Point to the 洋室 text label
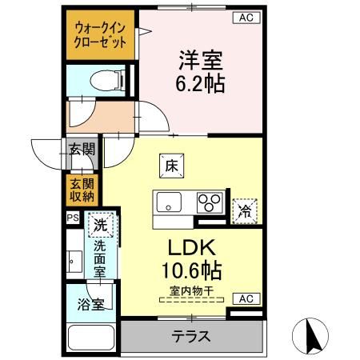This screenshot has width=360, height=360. (x=202, y=60)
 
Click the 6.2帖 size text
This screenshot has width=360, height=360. (x=202, y=83)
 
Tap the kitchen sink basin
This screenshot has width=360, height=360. (x=170, y=202)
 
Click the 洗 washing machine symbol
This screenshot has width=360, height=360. (x=101, y=226)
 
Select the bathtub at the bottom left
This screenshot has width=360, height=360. (x=91, y=338)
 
